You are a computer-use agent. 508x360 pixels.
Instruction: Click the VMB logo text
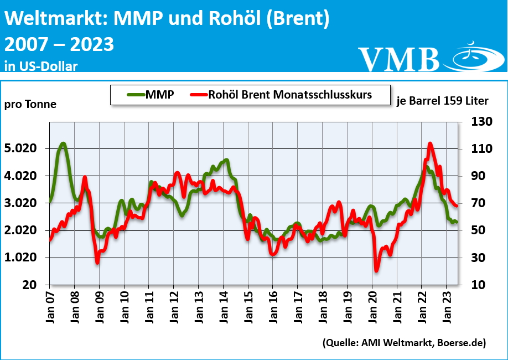[398, 58]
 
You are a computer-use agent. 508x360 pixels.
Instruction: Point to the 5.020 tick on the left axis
[21, 148]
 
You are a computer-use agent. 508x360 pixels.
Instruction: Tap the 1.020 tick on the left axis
[21, 258]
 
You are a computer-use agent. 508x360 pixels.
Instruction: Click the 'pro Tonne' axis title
[30, 104]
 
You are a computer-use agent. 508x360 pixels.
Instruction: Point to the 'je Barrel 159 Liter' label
[442, 101]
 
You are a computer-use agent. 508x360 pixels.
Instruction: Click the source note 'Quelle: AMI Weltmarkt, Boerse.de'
[404, 343]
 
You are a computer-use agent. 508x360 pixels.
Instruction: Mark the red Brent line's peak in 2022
[430, 143]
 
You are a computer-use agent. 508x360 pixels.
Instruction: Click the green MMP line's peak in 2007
[63, 144]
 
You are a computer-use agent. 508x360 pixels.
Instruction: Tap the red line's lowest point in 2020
[377, 270]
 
